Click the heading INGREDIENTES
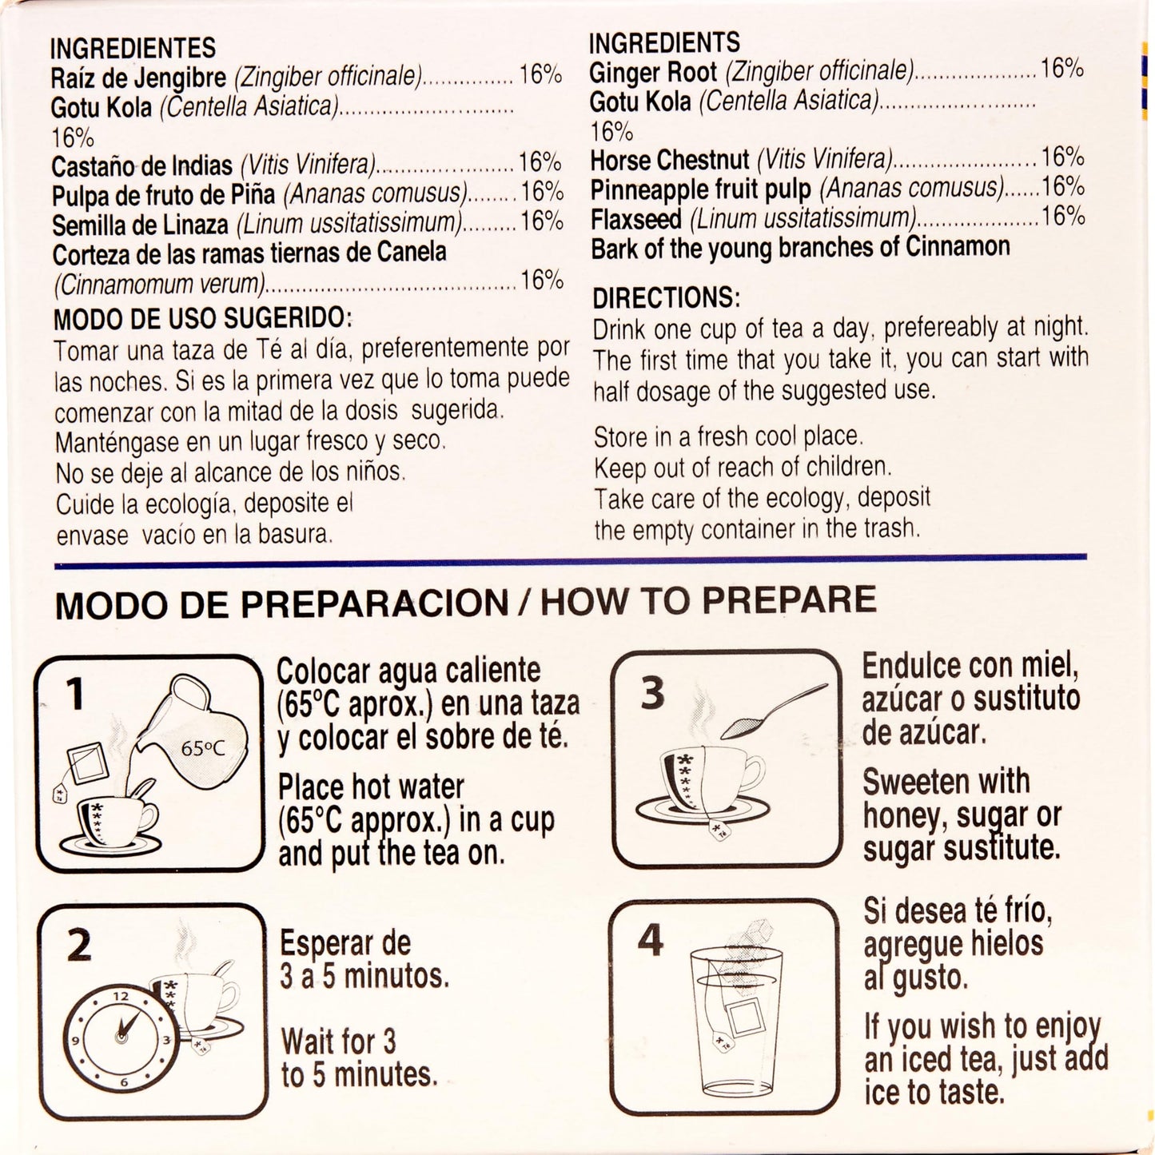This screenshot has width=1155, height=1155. tap(133, 48)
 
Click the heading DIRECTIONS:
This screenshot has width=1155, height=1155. tap(666, 297)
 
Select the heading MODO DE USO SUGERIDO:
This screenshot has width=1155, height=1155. tap(202, 319)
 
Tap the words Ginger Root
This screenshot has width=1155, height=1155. tap(653, 73)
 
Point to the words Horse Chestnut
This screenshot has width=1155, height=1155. tap(670, 160)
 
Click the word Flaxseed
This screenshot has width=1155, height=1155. tap(636, 219)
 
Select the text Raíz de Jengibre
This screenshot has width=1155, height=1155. tap(138, 78)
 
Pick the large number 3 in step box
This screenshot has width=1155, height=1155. tap(652, 693)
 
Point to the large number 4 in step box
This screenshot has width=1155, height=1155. tap(651, 940)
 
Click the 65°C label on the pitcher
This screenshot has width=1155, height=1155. tap(202, 749)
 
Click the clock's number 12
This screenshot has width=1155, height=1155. tap(121, 996)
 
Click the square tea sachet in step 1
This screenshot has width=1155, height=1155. tap(87, 763)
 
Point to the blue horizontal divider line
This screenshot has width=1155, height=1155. tap(570, 561)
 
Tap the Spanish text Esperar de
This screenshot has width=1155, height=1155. tap(345, 943)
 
